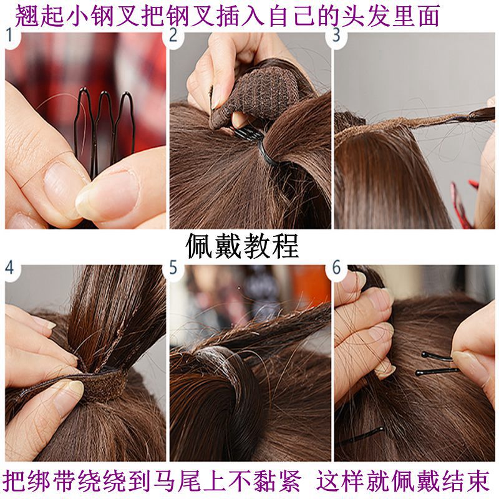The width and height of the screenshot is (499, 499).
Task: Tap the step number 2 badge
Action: coord(174,36)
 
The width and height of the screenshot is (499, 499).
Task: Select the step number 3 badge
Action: coord(337,36)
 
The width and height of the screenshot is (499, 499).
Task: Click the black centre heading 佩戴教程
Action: coord(243,246)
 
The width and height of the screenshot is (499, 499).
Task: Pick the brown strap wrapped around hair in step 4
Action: coord(100,387)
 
